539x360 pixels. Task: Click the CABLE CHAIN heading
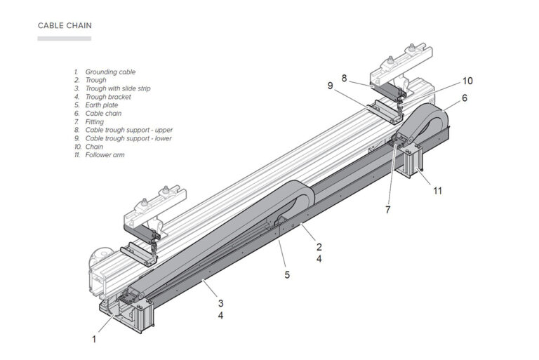coord(65,26)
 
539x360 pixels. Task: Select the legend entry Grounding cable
coord(110,72)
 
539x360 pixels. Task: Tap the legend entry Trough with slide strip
coord(118,88)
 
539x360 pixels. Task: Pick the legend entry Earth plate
coord(102,105)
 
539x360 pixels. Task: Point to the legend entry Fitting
coord(95,121)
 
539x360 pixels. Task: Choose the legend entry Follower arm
coord(105,155)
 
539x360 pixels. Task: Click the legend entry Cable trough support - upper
coord(128,130)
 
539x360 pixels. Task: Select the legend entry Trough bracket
coord(108,97)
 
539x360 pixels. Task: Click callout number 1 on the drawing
coord(95,339)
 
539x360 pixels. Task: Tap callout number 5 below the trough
coord(287,275)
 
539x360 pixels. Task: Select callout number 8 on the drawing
coord(344,78)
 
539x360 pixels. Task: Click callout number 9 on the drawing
coord(329,86)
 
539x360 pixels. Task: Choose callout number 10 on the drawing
coord(467,80)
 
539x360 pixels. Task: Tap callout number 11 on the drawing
coord(437,190)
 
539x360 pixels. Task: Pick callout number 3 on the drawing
coord(220,303)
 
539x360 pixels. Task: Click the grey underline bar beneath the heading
coord(64,38)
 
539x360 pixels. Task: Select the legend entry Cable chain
coord(104,113)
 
